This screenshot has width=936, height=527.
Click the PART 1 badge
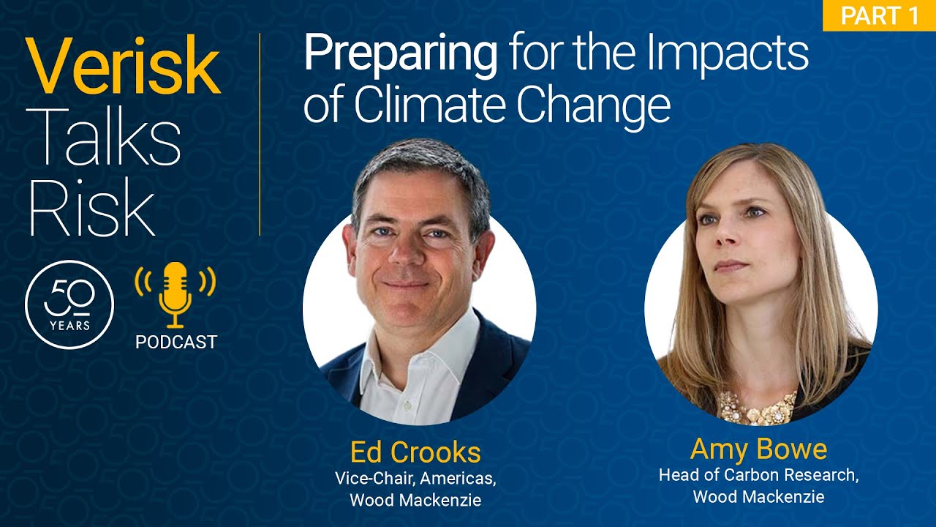879,15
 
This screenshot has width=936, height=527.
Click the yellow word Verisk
123,66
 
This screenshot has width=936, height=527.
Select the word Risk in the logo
91,209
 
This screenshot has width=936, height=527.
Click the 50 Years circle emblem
69,304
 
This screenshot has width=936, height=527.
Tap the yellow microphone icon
175,295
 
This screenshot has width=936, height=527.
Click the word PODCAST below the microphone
176,342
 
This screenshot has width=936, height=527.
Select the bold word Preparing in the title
400,56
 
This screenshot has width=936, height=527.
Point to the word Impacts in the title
728,56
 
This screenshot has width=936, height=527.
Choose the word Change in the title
593,107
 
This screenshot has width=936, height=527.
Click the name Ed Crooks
415,452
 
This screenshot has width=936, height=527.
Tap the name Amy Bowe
758,449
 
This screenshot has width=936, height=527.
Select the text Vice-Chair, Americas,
415,479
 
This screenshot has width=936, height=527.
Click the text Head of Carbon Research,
759,475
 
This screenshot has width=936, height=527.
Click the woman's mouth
731,266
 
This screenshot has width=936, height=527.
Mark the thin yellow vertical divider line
260,134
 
